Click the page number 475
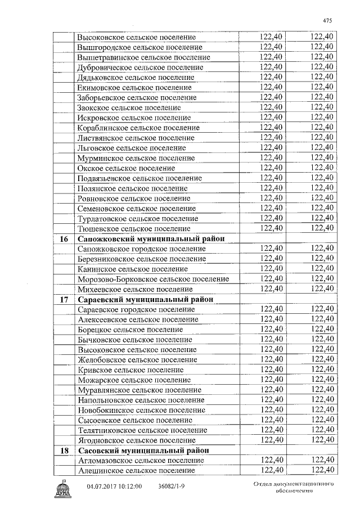coord(328,20)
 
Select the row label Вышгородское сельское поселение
coord(140,47)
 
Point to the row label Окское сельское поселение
coord(126,168)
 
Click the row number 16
coord(64,239)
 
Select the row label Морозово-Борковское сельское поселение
coord(153,279)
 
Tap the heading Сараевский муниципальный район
coord(146,299)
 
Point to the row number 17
coord(64,300)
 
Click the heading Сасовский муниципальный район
coord(143,450)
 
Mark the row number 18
coord(64,451)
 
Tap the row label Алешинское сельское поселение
coord(137,470)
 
